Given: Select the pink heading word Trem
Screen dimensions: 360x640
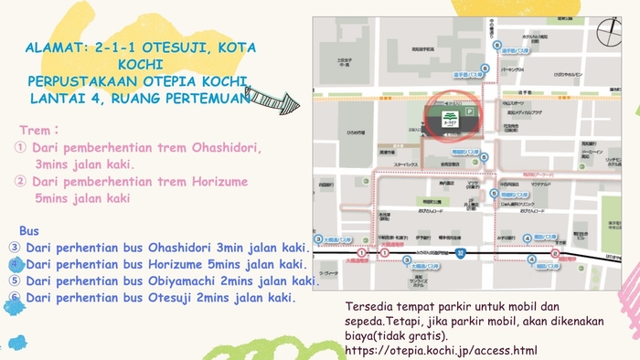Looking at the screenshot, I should (35, 131).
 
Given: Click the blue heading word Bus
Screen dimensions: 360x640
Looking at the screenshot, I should (29, 230).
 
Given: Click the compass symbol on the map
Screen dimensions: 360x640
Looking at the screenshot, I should (608, 31).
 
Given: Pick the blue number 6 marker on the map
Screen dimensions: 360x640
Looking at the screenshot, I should (496, 44).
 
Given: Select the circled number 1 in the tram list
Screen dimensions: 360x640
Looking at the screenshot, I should (20, 148).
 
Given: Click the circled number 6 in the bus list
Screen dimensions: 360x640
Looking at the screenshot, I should (15, 298).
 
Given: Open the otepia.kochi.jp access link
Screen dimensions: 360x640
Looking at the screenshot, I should (442, 350).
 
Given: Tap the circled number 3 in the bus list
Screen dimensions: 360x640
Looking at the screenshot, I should (15, 248).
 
